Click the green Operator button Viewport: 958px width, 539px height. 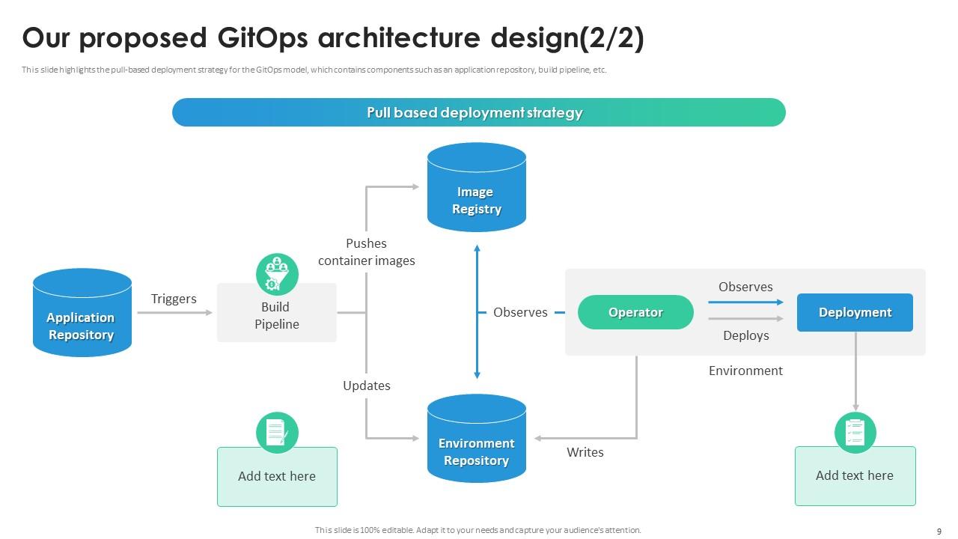point(635,312)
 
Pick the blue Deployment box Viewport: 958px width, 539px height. point(855,312)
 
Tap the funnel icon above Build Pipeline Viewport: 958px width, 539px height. point(277,274)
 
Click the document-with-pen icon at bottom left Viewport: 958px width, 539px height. point(277,432)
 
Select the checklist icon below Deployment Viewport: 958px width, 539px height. point(855,432)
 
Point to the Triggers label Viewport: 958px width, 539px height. point(174,299)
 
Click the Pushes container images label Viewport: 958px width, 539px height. point(366,252)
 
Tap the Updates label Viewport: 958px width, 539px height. point(367,386)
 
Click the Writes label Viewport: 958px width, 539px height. point(585,452)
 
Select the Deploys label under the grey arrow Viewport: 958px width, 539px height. point(745,335)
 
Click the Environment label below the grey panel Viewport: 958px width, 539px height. point(745,371)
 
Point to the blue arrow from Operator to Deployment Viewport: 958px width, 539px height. point(745,302)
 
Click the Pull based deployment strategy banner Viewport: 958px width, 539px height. point(478,112)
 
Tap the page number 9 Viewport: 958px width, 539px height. point(939,531)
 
